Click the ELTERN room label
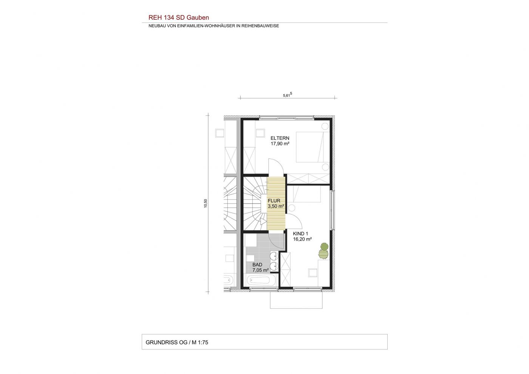click(280, 138)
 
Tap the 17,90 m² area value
click(280, 143)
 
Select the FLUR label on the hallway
click(274, 201)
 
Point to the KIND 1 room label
click(300, 234)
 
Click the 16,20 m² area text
click(302, 239)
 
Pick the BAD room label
click(257, 265)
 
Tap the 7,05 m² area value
click(260, 270)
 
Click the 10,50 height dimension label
click(206, 203)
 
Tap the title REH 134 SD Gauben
click(178, 17)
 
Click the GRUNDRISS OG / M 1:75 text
click(177, 342)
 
